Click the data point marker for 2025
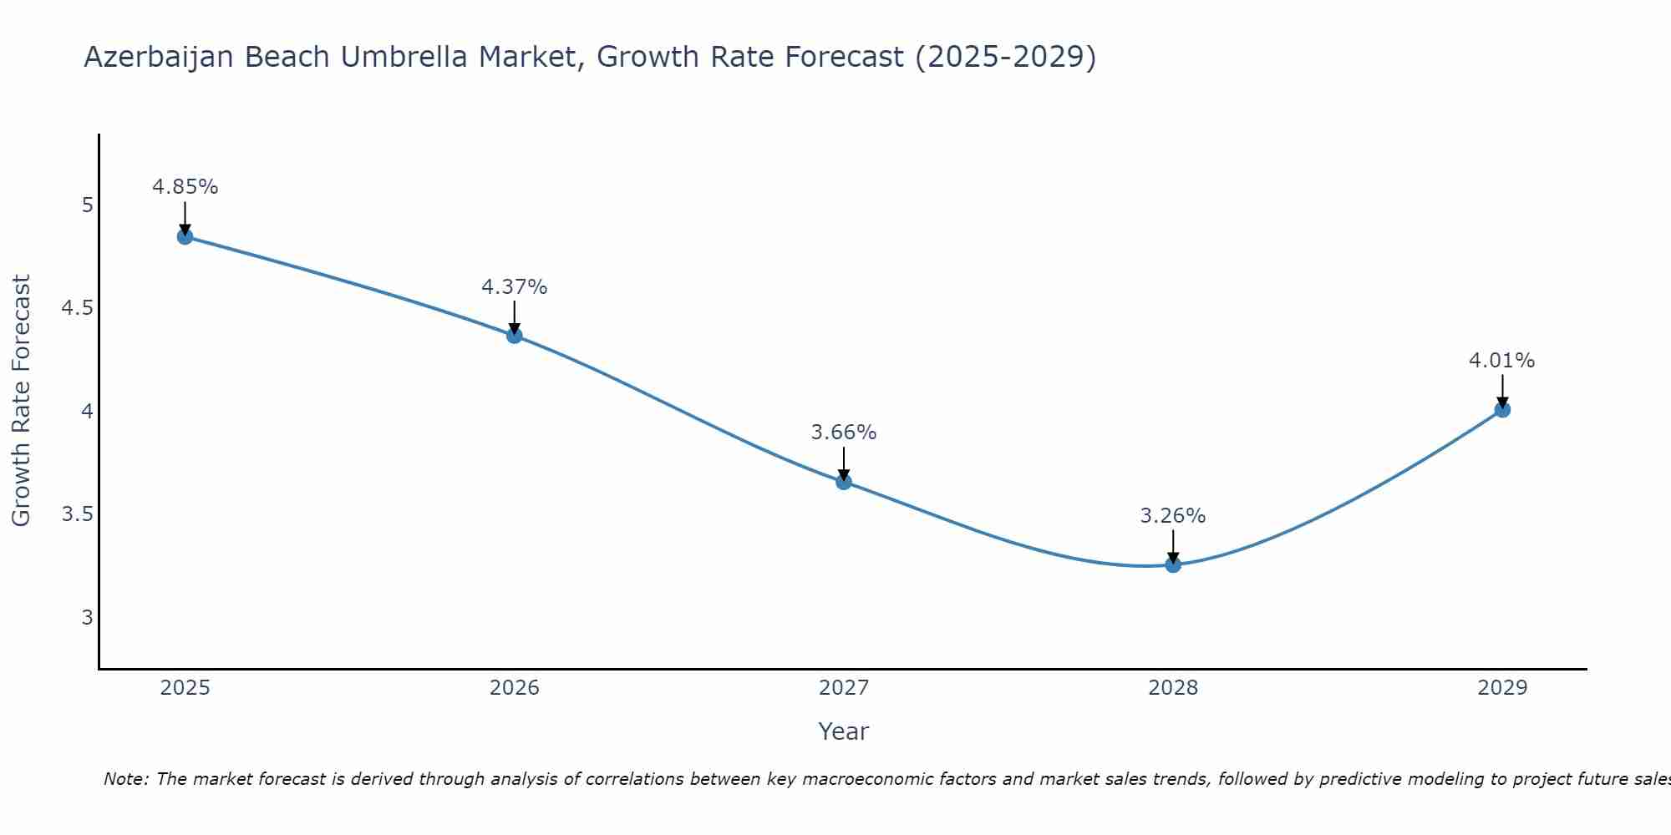tap(185, 237)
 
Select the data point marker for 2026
tap(515, 336)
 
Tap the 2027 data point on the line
tap(844, 482)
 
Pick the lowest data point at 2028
tap(1173, 565)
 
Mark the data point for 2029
tap(1502, 410)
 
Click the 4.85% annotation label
tap(185, 187)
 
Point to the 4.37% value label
tap(515, 287)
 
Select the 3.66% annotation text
tap(844, 433)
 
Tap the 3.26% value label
tap(1173, 516)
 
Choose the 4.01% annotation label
tap(1502, 361)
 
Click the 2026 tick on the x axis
tap(515, 688)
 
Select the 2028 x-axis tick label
tap(1173, 688)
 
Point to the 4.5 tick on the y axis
tap(77, 308)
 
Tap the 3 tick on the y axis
tap(87, 618)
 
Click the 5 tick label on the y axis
tap(87, 205)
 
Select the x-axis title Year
tap(844, 731)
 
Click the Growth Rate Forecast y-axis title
tap(21, 401)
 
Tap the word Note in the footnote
tap(125, 779)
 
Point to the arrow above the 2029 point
tap(1502, 391)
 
